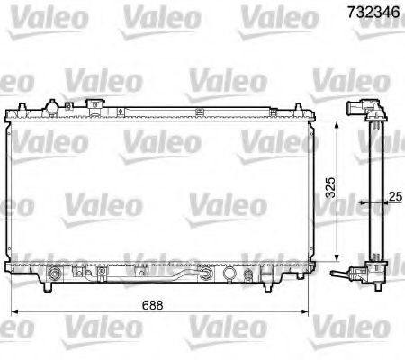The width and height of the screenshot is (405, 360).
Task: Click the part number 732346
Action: point(369,12)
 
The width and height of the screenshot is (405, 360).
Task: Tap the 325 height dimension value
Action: point(331,186)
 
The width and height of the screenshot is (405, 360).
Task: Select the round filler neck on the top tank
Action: point(55,109)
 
